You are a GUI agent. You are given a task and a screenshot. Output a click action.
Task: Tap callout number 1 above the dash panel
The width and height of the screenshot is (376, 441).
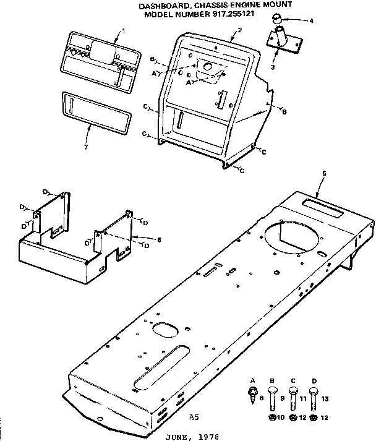click(x=124, y=30)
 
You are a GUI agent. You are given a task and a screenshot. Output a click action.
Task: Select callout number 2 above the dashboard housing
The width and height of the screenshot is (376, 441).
click(x=231, y=30)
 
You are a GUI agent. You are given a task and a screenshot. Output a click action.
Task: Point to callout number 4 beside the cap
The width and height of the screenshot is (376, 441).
click(x=312, y=21)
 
